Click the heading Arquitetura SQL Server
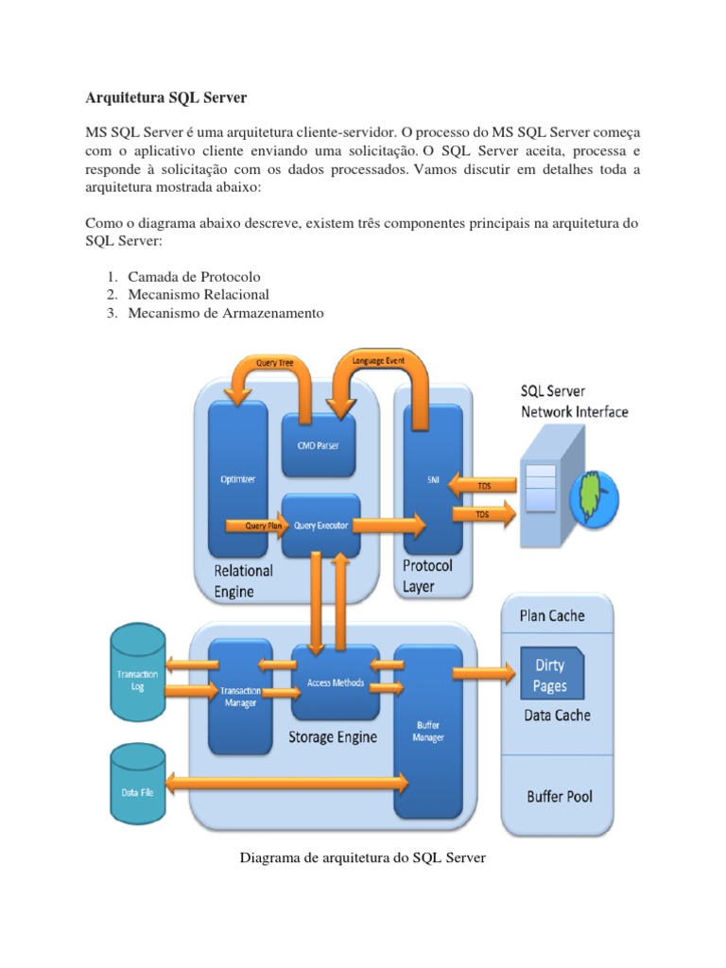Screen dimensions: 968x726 click(166, 97)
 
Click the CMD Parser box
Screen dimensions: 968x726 click(319, 444)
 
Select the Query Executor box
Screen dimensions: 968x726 click(320, 526)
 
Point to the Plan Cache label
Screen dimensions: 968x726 click(552, 615)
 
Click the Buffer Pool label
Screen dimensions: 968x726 click(560, 796)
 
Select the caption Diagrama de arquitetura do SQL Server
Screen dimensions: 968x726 click(363, 857)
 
